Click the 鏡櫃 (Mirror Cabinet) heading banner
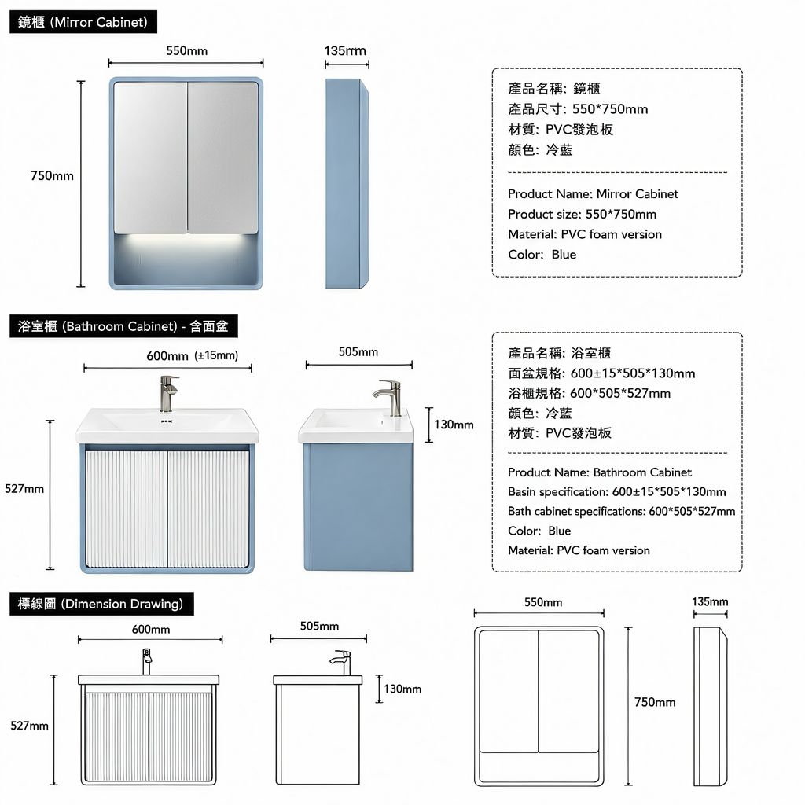pyautogui.click(x=83, y=22)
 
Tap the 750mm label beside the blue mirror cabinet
pyautogui.click(x=52, y=175)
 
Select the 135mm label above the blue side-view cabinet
pyautogui.click(x=345, y=51)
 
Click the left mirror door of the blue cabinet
pyautogui.click(x=150, y=157)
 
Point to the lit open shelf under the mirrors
pyautogui.click(x=186, y=259)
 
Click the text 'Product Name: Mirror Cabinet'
pyautogui.click(x=593, y=193)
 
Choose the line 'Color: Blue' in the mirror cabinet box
pyautogui.click(x=542, y=255)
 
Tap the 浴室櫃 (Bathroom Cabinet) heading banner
pyautogui.click(x=123, y=326)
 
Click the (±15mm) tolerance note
pyautogui.click(x=216, y=355)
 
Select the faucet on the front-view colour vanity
pyautogui.click(x=168, y=394)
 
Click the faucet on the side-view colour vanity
pyautogui.click(x=389, y=397)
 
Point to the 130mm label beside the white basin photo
pyautogui.click(x=454, y=425)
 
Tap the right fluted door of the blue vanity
pyautogui.click(x=208, y=509)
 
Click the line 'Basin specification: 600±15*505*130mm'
pyautogui.click(x=616, y=492)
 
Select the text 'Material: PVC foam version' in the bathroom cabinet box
pyautogui.click(x=579, y=550)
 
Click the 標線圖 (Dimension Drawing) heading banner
pyautogui.click(x=101, y=604)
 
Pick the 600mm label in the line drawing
pyautogui.click(x=150, y=630)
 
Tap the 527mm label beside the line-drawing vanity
pyautogui.click(x=29, y=726)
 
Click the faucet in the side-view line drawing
pyautogui.click(x=341, y=662)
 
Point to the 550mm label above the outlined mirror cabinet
pyautogui.click(x=542, y=602)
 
